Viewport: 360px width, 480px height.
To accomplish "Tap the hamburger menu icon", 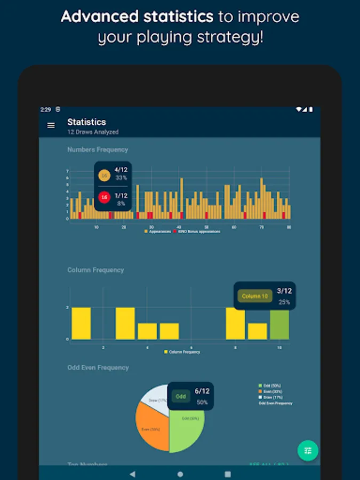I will (x=51, y=126).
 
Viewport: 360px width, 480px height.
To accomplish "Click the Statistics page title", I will (x=86, y=122).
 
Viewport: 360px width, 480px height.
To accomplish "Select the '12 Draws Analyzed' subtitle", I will (x=93, y=132).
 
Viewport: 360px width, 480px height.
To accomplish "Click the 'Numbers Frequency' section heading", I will (x=98, y=150).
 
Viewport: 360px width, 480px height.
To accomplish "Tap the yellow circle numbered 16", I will (x=104, y=175).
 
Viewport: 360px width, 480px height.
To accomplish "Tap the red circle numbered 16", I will (x=104, y=197).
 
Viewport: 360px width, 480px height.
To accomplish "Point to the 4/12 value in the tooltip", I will (x=121, y=170).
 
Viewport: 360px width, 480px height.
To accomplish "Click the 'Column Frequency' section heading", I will (x=95, y=270).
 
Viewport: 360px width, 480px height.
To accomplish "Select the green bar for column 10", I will (x=279, y=325).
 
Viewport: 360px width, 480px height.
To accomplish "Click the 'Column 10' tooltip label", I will (x=255, y=296).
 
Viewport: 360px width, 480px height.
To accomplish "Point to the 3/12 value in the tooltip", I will (x=284, y=291).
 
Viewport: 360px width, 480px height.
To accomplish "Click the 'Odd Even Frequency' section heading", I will (x=98, y=367).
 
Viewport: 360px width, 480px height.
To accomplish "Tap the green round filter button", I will (x=308, y=451).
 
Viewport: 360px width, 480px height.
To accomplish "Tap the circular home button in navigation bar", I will (x=180, y=474).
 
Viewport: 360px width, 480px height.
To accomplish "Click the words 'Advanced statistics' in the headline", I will (x=138, y=17).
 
